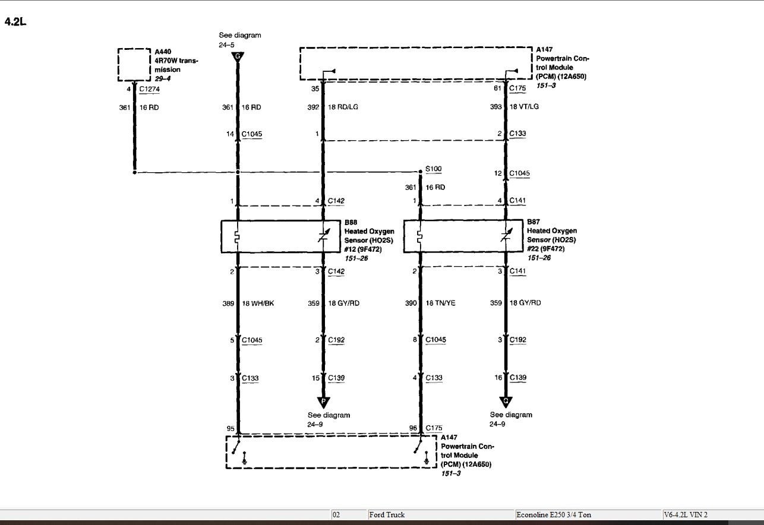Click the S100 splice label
click(434, 169)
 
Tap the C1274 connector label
click(149, 89)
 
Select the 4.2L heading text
click(15, 22)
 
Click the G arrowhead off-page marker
click(238, 57)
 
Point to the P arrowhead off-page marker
click(323, 402)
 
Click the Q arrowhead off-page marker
click(506, 401)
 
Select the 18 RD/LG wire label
click(343, 107)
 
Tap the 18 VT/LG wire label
click(524, 107)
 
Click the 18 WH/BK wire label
click(258, 303)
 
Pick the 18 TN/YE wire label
click(440, 303)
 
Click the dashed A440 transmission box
click(134, 65)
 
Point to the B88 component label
click(351, 222)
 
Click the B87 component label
click(533, 222)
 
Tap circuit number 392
click(313, 107)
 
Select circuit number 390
click(411, 303)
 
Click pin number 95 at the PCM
click(231, 429)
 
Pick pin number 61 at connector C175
click(498, 88)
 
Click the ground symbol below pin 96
click(427, 458)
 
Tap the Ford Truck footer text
click(387, 515)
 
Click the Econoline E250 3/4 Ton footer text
click(554, 515)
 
